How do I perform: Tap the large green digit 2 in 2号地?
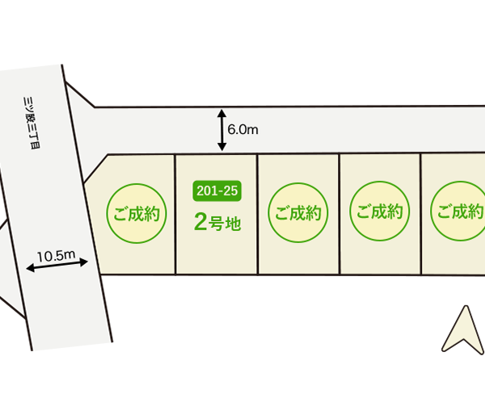202,222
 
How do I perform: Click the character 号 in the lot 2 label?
217,224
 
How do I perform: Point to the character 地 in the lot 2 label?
233,224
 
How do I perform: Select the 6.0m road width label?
243,128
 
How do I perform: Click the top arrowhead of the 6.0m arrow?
221,114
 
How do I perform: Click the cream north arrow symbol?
462,329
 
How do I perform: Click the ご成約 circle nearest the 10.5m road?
137,214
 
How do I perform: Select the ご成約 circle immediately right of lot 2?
298,214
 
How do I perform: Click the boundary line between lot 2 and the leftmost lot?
175,214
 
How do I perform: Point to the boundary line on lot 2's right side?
257,214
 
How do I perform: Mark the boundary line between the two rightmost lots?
420,214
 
